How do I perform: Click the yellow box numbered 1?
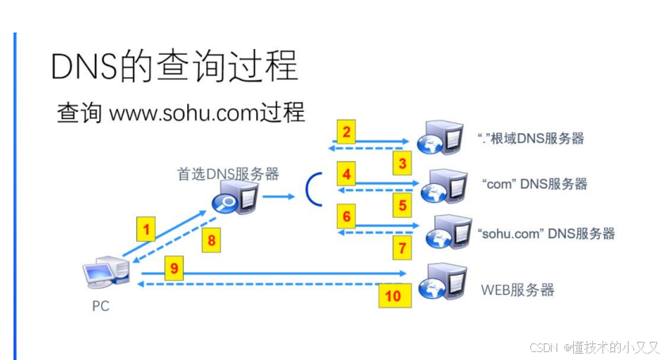144,231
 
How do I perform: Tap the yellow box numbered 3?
403,164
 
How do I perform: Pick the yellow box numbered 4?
347,174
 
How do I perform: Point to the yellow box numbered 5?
403,206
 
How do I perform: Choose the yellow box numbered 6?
347,215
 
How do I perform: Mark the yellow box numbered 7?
403,248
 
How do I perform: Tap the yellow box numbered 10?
393,297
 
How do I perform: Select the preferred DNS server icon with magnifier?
234,199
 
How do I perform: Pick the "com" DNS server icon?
442,186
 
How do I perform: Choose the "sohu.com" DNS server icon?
445,232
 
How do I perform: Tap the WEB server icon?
442,281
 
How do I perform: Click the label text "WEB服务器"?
518,289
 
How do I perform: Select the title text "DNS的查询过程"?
174,67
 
